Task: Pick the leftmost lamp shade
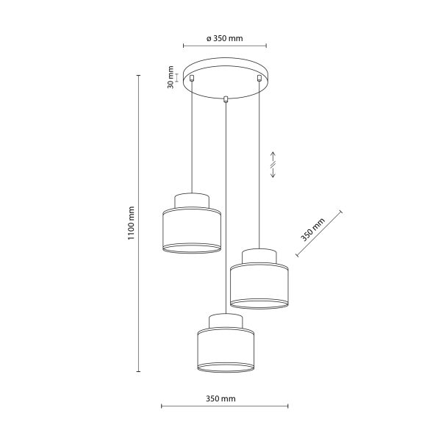pyautogui.click(x=191, y=231)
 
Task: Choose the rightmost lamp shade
pyautogui.click(x=259, y=286)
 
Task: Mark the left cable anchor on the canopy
pyautogui.click(x=192, y=76)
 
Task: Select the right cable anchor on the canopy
pyautogui.click(x=259, y=76)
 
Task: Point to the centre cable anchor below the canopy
pyautogui.click(x=226, y=98)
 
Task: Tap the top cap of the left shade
pyautogui.click(x=191, y=201)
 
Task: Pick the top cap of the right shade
pyautogui.click(x=259, y=256)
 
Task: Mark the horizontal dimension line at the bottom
pyautogui.click(x=225, y=406)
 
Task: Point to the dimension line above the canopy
pyautogui.click(x=225, y=46)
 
